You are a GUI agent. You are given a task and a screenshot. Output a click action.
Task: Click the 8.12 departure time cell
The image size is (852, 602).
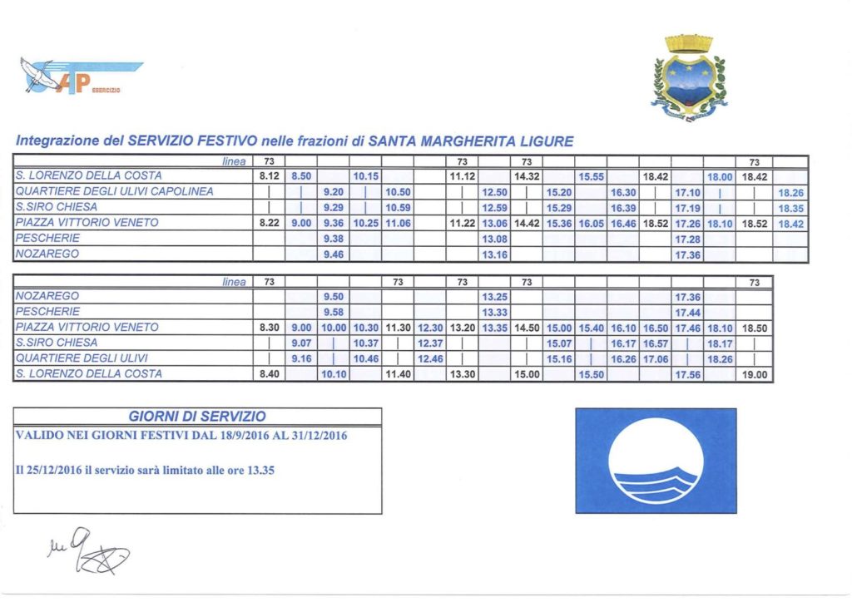coord(269,176)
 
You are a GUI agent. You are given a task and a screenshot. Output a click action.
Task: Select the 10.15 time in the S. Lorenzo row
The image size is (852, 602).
coord(365,176)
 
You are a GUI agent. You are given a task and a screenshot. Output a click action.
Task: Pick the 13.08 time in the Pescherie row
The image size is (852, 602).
coord(494,239)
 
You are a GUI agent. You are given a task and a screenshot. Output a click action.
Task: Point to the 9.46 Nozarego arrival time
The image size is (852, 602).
coord(333,255)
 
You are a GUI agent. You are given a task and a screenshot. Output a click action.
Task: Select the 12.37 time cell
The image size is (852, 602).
coord(430,343)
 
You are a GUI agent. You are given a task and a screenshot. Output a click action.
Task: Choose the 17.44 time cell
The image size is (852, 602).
coord(686,312)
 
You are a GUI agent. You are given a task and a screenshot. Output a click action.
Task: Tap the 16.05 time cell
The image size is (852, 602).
coord(592,224)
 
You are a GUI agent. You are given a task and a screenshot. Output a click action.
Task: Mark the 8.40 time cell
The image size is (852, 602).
coord(269,375)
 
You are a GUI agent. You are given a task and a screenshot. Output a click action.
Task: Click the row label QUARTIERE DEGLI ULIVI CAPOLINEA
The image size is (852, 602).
coord(115,192)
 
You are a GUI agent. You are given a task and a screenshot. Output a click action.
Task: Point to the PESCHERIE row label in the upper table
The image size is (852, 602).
coord(47,239)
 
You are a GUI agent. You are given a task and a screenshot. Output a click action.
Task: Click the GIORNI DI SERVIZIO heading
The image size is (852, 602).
coord(197,416)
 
